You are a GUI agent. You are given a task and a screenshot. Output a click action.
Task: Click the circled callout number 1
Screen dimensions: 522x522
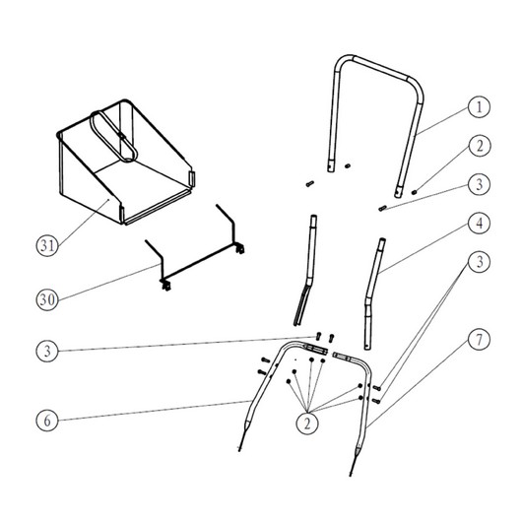[x=479, y=107]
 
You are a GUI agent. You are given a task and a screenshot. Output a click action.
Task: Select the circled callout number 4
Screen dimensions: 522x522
[x=479, y=224]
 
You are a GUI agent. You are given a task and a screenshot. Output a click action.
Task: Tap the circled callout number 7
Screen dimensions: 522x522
[x=479, y=340]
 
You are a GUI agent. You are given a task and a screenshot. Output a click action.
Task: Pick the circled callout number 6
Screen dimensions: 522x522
[x=47, y=421]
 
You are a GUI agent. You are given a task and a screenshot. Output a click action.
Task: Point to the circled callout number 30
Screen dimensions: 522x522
[x=47, y=299]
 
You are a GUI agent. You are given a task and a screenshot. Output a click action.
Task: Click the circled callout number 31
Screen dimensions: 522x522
[x=47, y=245]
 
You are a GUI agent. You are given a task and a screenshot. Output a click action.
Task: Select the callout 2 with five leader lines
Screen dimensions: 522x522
[x=307, y=424]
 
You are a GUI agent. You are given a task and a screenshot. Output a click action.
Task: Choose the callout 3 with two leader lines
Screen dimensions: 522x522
[x=479, y=262]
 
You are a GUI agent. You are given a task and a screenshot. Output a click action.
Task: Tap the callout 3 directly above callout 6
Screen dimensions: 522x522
[x=47, y=351]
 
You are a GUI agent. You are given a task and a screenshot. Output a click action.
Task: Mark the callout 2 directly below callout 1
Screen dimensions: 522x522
[x=479, y=146]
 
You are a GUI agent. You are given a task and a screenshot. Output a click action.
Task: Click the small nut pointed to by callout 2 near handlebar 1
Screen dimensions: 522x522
[x=414, y=192]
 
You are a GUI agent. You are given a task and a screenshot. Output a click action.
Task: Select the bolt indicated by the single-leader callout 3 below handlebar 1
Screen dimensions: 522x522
[x=382, y=209]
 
